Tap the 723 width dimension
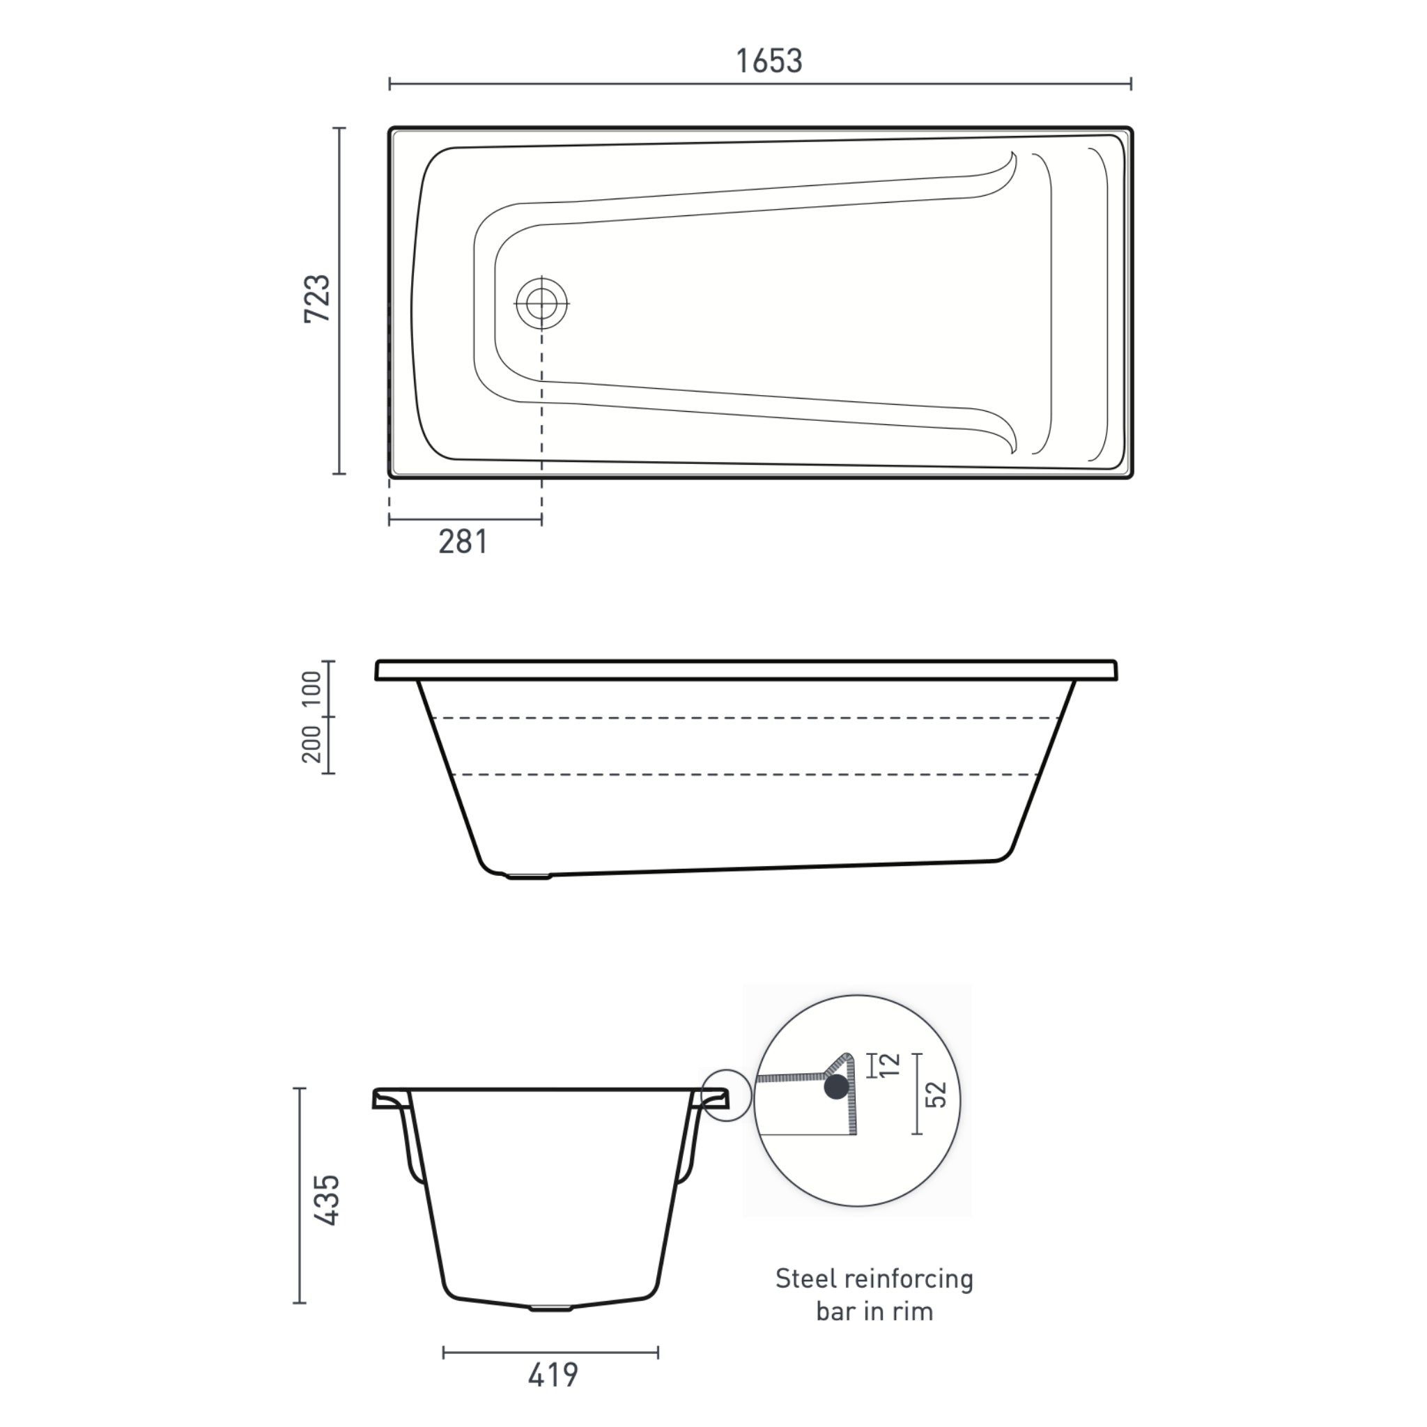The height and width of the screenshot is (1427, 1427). click(x=318, y=298)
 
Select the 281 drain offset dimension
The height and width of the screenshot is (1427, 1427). click(x=463, y=542)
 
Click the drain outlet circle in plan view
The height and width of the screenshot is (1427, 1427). click(x=542, y=303)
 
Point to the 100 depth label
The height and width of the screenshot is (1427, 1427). click(x=311, y=688)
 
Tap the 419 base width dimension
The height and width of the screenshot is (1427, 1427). click(x=553, y=1375)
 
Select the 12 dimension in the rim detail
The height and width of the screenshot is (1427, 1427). click(x=890, y=1065)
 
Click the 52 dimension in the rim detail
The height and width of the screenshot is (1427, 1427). click(x=936, y=1095)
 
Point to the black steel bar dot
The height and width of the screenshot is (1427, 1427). click(x=836, y=1086)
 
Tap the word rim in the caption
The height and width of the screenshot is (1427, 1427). click(x=912, y=1312)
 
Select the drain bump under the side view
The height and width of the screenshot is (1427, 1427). click(x=527, y=877)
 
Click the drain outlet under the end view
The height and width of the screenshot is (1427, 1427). click(x=550, y=1308)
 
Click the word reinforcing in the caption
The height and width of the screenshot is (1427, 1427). click(x=909, y=1279)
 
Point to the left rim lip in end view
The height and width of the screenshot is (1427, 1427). click(x=389, y=1100)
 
